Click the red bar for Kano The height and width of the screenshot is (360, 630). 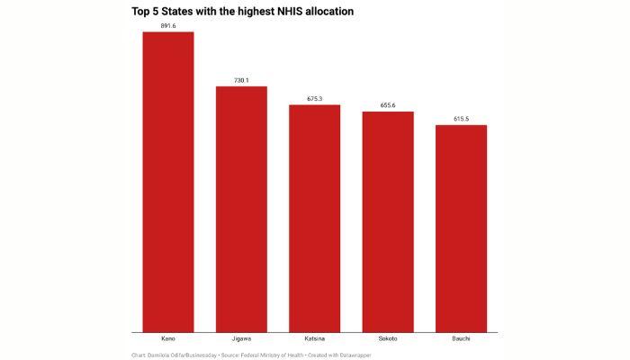coord(168,181)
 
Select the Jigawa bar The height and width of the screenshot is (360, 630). coord(241,208)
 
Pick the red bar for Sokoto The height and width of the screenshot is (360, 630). coord(388,220)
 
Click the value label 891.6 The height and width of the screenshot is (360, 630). coord(168,26)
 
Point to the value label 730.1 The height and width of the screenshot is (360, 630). coord(241,80)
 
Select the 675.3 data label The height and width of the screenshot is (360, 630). coord(314,99)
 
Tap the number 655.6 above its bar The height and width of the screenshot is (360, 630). coord(388,105)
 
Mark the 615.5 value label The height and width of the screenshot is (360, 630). coord(461,119)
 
